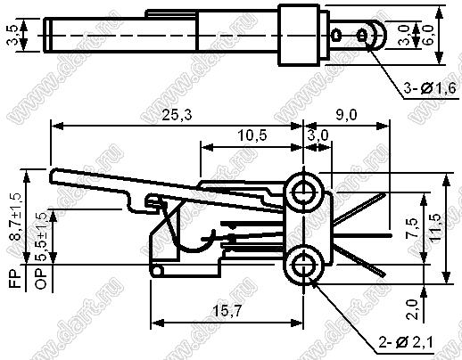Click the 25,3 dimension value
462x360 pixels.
[177, 115]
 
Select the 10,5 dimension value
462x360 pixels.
[252, 135]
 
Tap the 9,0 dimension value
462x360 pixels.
[346, 115]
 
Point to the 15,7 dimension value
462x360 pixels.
[227, 311]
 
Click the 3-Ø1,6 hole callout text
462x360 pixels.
[430, 88]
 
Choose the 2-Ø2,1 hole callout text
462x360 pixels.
[406, 342]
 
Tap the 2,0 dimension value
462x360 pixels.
[413, 309]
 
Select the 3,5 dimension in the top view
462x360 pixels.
[12, 35]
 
